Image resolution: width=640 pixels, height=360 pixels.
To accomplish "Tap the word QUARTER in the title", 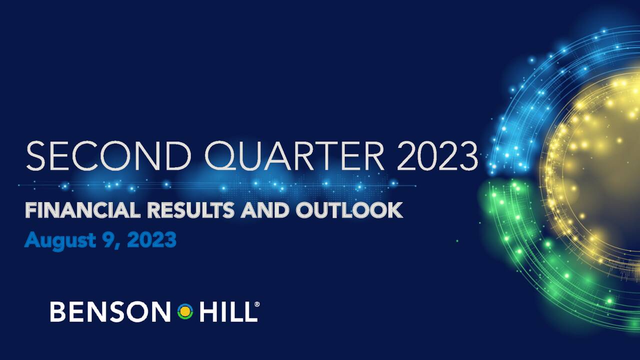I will pyautogui.click(x=294, y=155).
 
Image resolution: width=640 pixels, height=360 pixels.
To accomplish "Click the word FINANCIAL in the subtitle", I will pyautogui.click(x=82, y=210).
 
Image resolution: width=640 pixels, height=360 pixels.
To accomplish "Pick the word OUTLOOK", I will pyautogui.click(x=349, y=210).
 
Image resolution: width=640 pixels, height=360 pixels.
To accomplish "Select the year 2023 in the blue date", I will pyautogui.click(x=151, y=240).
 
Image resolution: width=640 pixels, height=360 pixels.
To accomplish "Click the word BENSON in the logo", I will pyautogui.click(x=110, y=312).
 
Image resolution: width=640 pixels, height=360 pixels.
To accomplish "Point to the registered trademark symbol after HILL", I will pyautogui.click(x=257, y=304).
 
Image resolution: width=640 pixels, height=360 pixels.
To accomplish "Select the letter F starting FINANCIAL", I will pyautogui.click(x=30, y=210).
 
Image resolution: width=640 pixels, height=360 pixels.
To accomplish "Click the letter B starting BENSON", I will pyautogui.click(x=57, y=312).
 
